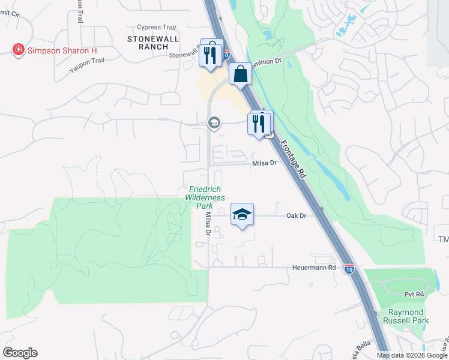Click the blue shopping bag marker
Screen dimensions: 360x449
(240, 74)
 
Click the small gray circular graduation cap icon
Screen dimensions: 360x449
(213, 123)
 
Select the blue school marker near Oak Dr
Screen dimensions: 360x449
(241, 215)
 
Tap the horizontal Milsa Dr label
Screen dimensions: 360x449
(264, 163)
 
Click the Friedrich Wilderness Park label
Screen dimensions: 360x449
(205, 197)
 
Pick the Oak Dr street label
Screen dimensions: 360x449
(297, 215)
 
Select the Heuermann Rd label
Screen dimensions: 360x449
(313, 267)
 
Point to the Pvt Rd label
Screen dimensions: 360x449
(414, 294)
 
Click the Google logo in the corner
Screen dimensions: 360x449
(20, 353)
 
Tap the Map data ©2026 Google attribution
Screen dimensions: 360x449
(412, 355)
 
